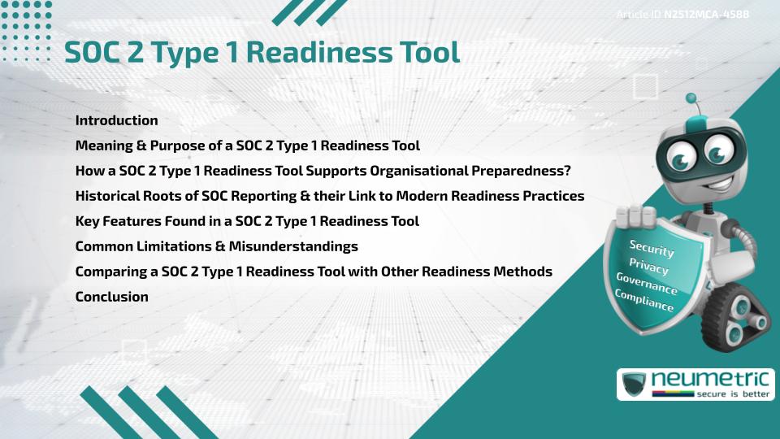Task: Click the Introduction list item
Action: (x=116, y=120)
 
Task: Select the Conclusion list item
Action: (x=111, y=297)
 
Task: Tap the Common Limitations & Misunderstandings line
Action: (x=216, y=246)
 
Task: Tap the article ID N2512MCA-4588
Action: (x=705, y=14)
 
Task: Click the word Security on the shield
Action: (x=651, y=249)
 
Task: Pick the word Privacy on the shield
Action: (x=648, y=267)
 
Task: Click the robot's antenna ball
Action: (x=691, y=98)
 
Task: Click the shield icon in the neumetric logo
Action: (x=634, y=385)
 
